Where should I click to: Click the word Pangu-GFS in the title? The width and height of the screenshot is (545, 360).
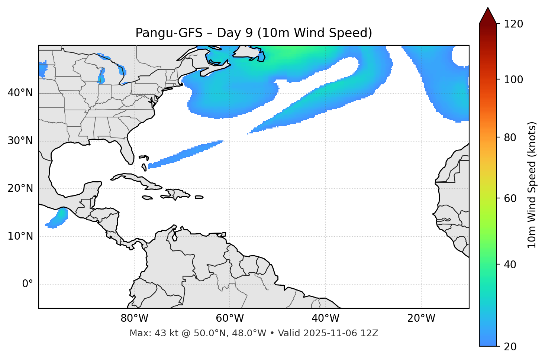point(169,33)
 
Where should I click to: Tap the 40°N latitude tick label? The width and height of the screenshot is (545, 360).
point(20,93)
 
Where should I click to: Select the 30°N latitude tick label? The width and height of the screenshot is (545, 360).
point(20,141)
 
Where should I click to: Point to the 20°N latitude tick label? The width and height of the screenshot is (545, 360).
point(20,188)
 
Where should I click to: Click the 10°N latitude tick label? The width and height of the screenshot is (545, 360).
point(20,236)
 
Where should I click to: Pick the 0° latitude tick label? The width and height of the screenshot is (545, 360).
point(28,284)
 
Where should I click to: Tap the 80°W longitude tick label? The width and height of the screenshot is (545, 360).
point(134,318)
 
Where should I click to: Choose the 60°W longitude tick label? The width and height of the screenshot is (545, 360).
point(230,318)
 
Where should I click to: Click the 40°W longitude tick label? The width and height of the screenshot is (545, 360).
point(325,318)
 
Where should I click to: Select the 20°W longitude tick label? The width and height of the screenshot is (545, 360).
point(421,318)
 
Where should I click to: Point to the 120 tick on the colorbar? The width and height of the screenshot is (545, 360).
point(513,24)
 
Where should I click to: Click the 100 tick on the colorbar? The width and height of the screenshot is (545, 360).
point(513,80)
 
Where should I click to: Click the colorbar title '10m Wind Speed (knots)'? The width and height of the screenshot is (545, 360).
point(532,185)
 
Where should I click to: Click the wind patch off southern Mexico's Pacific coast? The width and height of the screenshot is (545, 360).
point(58,218)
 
